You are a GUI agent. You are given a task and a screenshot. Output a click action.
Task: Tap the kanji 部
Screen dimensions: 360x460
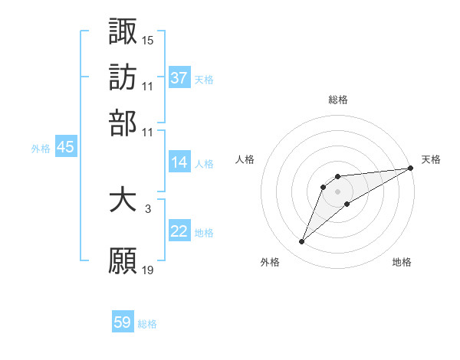[123, 123]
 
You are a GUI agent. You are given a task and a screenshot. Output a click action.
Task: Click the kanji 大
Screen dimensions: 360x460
[123, 201]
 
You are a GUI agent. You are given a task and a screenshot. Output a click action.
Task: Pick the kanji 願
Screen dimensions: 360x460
[123, 260]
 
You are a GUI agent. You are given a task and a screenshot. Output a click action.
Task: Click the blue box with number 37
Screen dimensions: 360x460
[179, 78]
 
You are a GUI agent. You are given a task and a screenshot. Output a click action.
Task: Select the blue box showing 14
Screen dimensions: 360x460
[179, 162]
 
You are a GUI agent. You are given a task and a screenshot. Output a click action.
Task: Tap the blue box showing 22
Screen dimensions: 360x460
[179, 231]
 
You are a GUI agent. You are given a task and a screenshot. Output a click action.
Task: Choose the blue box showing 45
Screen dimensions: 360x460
[65, 148]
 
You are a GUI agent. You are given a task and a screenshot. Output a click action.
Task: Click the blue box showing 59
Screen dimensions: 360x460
[123, 322]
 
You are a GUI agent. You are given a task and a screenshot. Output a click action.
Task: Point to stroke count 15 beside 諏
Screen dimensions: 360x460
[148, 39]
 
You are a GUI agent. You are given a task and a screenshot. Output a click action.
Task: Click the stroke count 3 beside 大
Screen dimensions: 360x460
[148, 208]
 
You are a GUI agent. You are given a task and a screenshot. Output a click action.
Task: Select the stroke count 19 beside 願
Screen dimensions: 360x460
[148, 269]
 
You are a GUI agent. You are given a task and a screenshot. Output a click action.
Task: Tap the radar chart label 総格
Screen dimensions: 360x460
[338, 100]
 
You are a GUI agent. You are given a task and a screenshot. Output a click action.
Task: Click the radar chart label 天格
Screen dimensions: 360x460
[431, 159]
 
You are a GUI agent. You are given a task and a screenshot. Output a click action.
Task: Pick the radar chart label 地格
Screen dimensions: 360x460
[402, 263]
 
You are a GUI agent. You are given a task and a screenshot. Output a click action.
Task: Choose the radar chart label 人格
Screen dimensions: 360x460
[245, 159]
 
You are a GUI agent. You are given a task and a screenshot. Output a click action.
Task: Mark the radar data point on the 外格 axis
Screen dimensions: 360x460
[301, 242]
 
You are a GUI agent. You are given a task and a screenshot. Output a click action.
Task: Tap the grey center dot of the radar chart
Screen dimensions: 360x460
[338, 191]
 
